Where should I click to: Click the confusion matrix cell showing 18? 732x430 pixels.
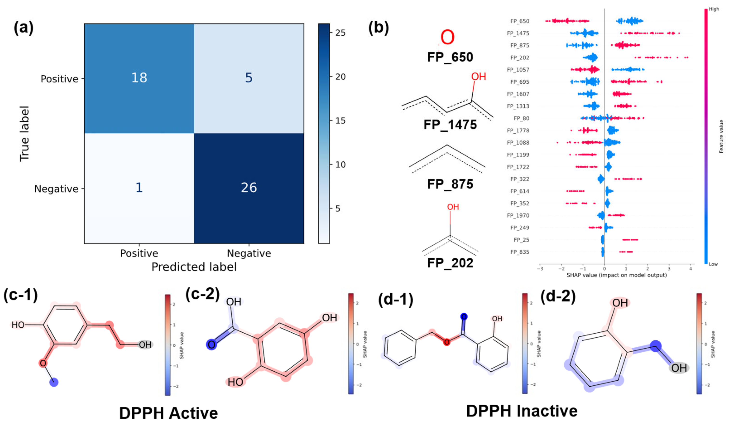[x=139, y=78]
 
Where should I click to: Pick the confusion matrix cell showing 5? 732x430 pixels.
[x=249, y=78]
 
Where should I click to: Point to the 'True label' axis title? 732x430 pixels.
[x=25, y=134]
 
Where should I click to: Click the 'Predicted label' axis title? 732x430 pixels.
[x=194, y=267]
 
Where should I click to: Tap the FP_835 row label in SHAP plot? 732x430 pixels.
[x=520, y=252]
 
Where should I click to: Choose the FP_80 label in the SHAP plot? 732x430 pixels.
[x=521, y=118]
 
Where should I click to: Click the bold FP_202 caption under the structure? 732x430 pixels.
[x=450, y=263]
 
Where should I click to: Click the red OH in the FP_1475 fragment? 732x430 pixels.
[x=478, y=77]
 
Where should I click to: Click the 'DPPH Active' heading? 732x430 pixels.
[x=168, y=413]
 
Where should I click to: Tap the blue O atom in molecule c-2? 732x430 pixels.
[x=212, y=344]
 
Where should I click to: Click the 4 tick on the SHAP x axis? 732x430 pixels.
[x=690, y=269]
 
